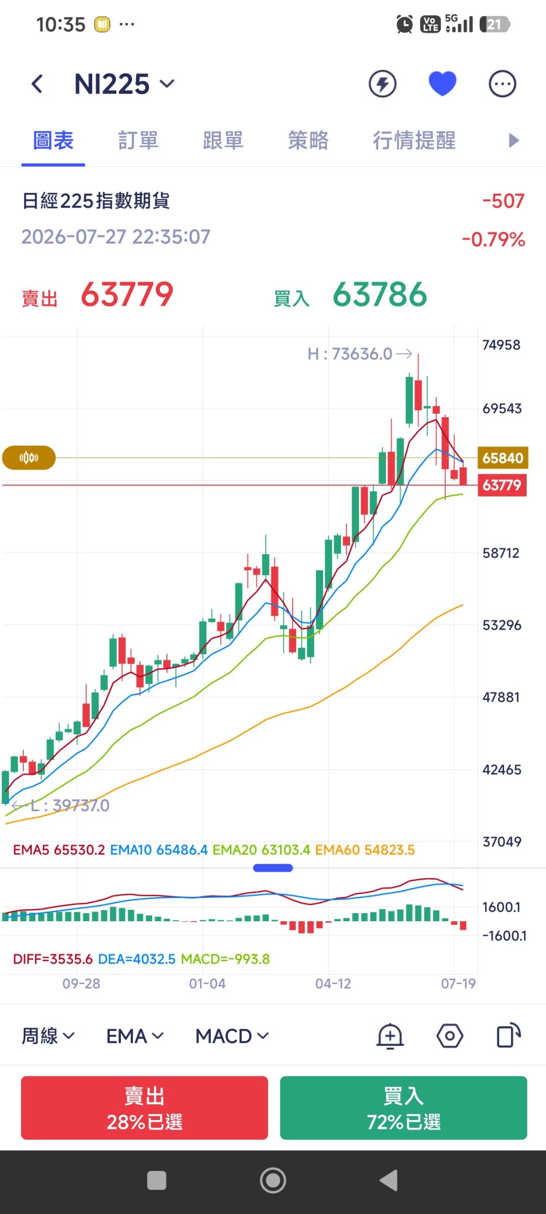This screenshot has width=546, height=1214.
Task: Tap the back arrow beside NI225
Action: [x=37, y=84]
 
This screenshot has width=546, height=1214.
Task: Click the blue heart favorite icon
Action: [x=442, y=83]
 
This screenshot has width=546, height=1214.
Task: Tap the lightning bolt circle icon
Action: [x=382, y=84]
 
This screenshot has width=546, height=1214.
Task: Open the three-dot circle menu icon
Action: [x=502, y=84]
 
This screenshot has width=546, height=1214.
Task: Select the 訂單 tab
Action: [x=138, y=140]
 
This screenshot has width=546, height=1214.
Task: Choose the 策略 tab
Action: [x=308, y=140]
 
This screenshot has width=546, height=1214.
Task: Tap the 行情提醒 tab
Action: [x=414, y=140]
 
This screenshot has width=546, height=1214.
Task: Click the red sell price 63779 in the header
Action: [x=127, y=294]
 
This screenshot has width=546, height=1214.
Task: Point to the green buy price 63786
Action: [x=380, y=294]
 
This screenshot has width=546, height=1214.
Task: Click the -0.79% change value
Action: [x=493, y=239]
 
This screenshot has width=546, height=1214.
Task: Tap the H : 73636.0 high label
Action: [x=350, y=354]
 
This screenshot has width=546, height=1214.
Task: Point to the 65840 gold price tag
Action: [x=503, y=458]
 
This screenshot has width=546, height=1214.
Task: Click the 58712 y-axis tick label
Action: [x=501, y=553]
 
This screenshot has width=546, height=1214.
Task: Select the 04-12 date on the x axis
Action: [x=333, y=983]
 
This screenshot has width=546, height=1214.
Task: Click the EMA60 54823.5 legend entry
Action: [x=365, y=850]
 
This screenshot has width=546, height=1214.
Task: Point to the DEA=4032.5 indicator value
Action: [x=136, y=959]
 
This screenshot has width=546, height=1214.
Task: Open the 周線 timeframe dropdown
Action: [x=48, y=1036]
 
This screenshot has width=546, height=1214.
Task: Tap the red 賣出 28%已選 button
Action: [x=145, y=1108]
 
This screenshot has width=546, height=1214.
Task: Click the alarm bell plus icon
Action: [x=390, y=1036]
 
